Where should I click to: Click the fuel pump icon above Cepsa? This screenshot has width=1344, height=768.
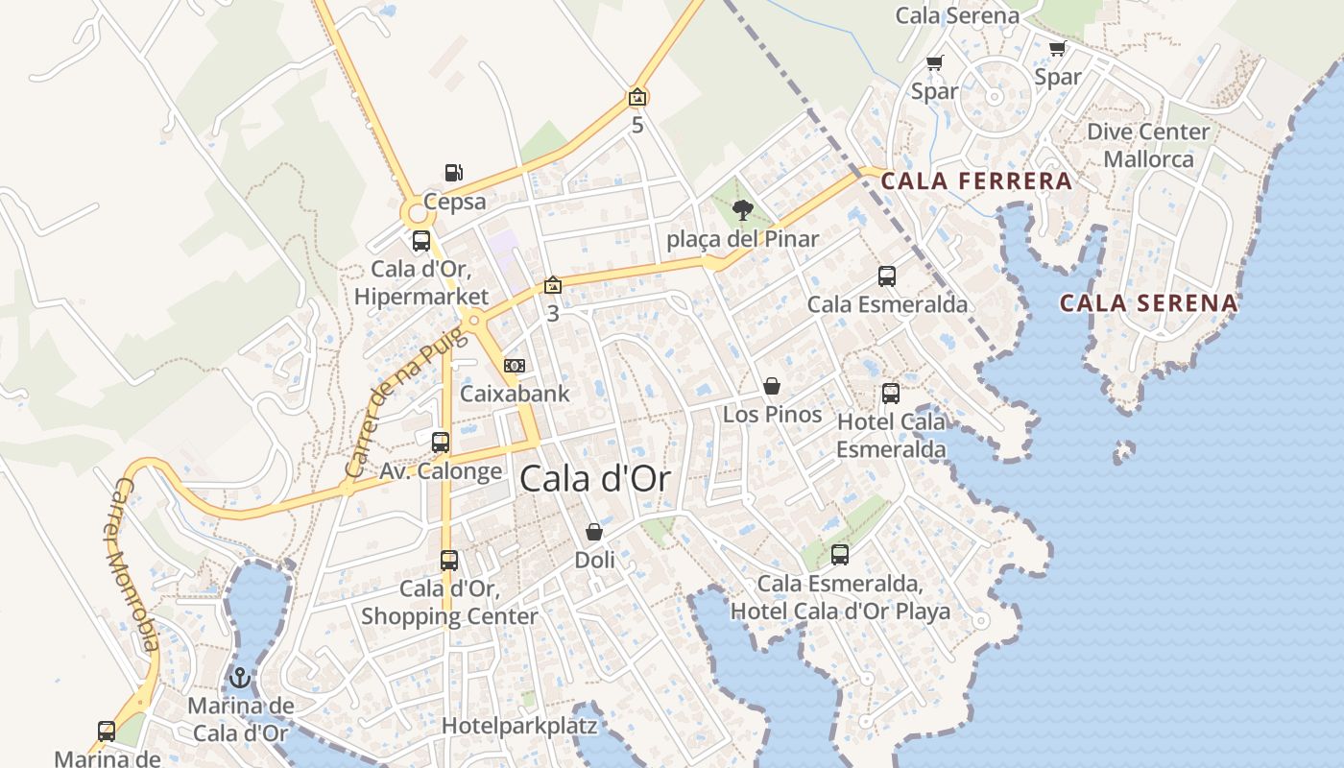point(454,174)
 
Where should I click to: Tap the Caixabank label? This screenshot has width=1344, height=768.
point(515,394)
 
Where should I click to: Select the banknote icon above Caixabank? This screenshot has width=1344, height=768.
point(515,366)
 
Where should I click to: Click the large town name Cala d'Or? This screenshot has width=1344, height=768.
point(594,479)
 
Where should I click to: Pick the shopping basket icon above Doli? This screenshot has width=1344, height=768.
point(594,532)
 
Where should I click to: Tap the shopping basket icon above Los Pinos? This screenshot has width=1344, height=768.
point(772,387)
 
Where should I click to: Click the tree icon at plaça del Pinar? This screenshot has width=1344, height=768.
point(742,210)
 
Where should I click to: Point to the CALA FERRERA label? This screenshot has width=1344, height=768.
point(976,180)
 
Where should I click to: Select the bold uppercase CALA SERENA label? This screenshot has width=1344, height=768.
point(1148,303)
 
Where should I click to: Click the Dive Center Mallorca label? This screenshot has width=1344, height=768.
point(1148,145)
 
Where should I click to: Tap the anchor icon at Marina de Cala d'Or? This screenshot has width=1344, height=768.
point(239,679)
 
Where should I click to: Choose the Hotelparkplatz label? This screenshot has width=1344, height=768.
point(519,726)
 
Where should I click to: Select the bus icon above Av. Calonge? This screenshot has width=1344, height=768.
point(441,443)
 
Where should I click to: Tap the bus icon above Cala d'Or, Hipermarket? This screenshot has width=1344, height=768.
point(421,241)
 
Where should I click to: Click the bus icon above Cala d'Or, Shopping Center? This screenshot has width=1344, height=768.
point(449,561)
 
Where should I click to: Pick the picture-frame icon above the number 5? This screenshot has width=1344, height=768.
point(637,97)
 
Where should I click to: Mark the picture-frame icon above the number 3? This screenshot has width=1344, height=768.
point(552,285)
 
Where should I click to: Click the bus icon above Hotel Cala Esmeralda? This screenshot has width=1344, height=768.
point(891,394)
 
